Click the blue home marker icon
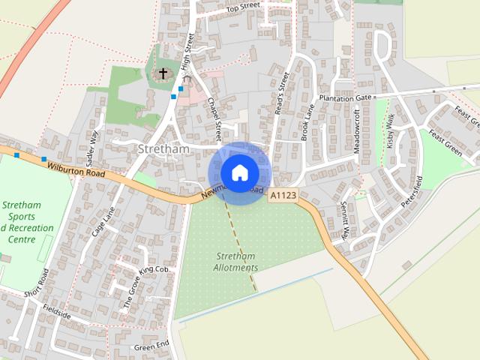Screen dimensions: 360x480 (239, 172)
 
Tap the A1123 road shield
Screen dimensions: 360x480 (283, 195)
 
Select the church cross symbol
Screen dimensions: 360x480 (163, 73)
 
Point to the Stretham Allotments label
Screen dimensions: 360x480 (235, 262)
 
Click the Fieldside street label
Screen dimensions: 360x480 (57, 310)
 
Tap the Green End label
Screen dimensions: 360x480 (151, 346)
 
